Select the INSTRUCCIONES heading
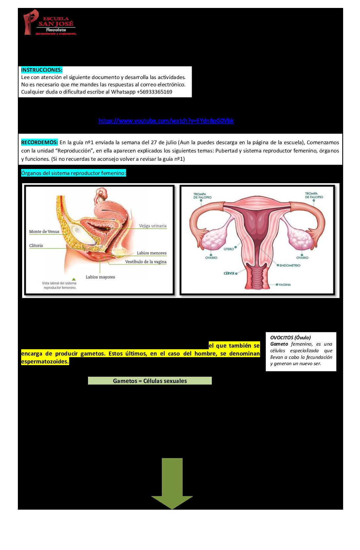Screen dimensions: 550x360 point(41,70)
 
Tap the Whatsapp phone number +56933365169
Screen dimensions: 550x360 point(155,92)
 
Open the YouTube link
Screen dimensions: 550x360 point(166,121)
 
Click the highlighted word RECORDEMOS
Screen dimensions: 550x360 point(39,143)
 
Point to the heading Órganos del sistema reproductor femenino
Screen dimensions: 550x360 point(73,173)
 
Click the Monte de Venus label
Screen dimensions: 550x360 point(44,232)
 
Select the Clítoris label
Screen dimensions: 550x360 point(36,245)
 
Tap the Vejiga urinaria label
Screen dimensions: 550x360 point(153,226)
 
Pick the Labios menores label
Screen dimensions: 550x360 point(152,253)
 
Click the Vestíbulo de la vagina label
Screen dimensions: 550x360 point(146,262)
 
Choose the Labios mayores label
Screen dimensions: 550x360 point(100,277)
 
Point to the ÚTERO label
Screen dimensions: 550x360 point(229,249)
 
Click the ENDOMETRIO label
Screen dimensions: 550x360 point(290,265)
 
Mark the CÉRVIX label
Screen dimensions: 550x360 point(229,273)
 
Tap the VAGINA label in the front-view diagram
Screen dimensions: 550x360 point(285,285)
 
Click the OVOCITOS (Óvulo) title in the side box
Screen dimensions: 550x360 point(291,338)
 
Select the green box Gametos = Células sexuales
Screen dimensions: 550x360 point(150,381)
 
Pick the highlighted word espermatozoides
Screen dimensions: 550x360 point(45,361)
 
